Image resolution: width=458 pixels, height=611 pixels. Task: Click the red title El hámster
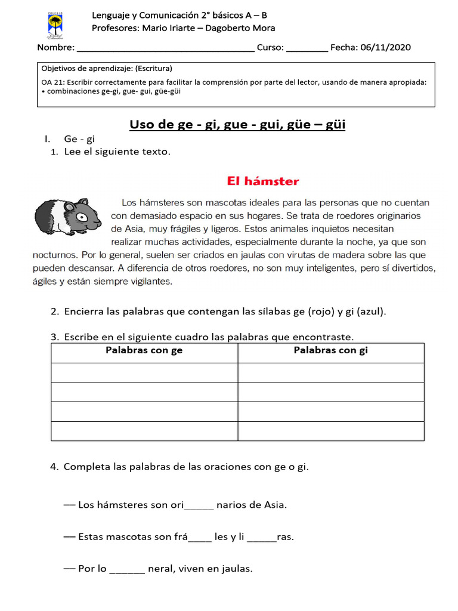click(262, 181)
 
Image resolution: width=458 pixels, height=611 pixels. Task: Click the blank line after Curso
click(307, 49)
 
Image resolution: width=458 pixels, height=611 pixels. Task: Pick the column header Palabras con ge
click(144, 351)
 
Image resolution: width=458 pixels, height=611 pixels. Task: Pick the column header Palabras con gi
click(330, 351)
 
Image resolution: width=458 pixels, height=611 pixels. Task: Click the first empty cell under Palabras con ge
click(144, 372)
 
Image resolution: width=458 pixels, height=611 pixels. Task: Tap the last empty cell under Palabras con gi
click(331, 431)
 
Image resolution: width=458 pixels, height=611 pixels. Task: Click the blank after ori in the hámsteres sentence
click(199, 506)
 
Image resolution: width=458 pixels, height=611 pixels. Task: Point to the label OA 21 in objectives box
click(52, 82)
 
